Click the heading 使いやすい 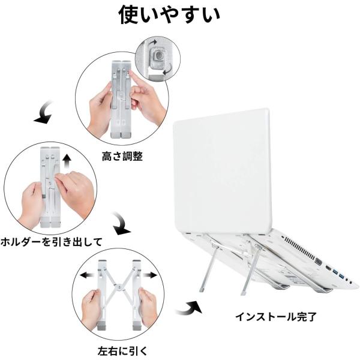point(169,14)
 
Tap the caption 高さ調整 point(122,157)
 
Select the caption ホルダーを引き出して point(51,242)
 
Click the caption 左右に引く point(122,352)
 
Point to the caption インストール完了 point(276,317)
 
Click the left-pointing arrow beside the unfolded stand point(87,275)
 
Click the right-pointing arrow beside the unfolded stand point(150,275)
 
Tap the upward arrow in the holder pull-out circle point(67,161)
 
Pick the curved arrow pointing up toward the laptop point(189,308)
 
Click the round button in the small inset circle point(158,55)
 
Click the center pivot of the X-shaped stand point(119,287)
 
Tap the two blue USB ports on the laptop point(338,274)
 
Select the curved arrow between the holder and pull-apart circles point(121,224)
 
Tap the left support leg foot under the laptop point(202,289)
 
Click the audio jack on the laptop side point(350,283)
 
